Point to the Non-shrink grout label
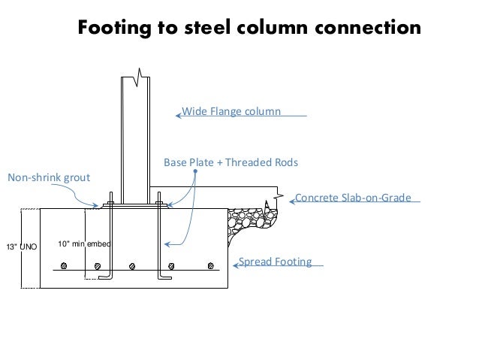click(x=48, y=178)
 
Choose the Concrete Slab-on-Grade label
click(x=353, y=198)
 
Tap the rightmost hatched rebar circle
click(x=210, y=265)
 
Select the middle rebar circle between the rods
click(x=133, y=265)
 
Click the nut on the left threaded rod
click(x=110, y=201)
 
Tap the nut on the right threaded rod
click(x=158, y=201)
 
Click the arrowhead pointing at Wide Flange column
click(x=177, y=115)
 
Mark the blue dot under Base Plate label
click(x=195, y=171)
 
